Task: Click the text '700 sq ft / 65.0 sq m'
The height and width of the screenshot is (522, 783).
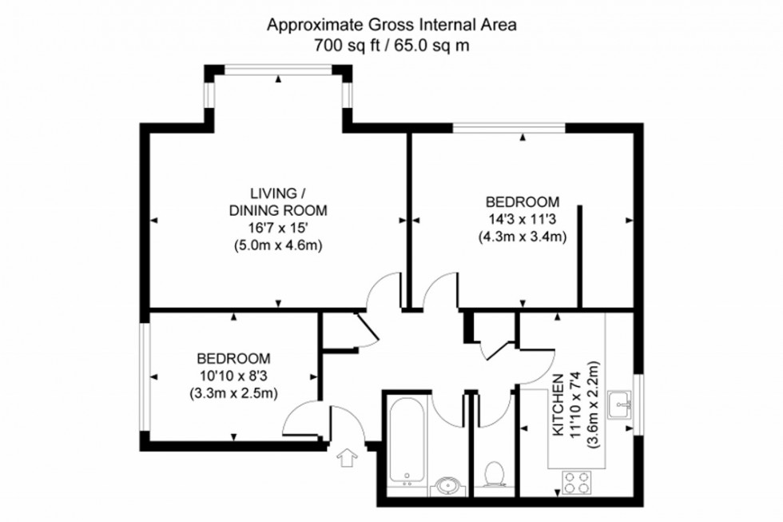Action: (391, 46)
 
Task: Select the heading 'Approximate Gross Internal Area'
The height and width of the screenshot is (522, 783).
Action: (391, 25)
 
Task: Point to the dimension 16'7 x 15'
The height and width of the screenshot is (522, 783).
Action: (278, 228)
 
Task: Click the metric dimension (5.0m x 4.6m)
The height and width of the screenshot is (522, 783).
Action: (278, 245)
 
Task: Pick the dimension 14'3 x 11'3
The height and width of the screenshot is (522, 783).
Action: (523, 219)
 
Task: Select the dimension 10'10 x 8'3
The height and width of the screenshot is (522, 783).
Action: (233, 376)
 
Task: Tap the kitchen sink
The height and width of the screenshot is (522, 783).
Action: (620, 404)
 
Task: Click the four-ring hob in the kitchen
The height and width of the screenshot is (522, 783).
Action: (577, 483)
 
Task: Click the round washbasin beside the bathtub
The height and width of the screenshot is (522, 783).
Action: (446, 484)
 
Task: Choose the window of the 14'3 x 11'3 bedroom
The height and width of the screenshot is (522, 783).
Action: (510, 127)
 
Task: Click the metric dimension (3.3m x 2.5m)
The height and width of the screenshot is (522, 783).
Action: (233, 393)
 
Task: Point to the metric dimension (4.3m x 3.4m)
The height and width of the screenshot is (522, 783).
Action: (523, 237)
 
